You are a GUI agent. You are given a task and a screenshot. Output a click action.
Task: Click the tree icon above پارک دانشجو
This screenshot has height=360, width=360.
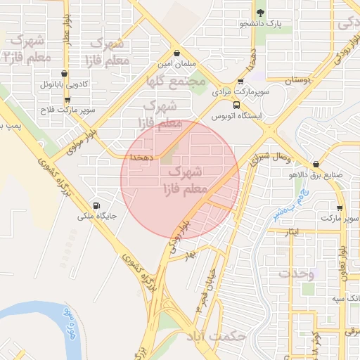261,13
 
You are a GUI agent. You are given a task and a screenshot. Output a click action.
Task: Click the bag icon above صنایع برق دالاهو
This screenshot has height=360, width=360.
316,163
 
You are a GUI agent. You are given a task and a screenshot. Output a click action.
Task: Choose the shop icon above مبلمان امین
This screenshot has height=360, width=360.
176,53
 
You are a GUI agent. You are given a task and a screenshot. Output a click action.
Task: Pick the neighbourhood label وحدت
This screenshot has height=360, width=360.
297,272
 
